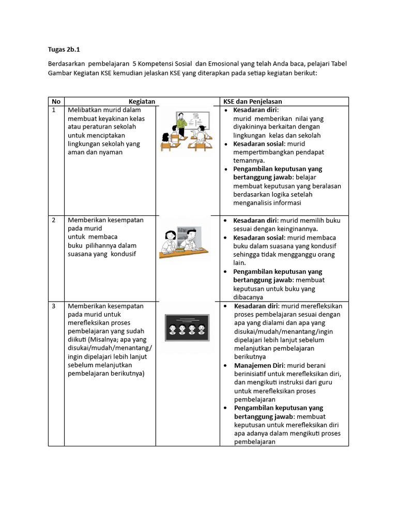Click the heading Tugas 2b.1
pos(65,50)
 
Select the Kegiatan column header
pos(142,101)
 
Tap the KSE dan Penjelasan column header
pos(252,101)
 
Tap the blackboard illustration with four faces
pos(187,328)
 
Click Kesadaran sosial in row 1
pos(258,144)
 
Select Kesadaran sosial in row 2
pos(258,238)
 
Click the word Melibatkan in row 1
pos(84,110)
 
